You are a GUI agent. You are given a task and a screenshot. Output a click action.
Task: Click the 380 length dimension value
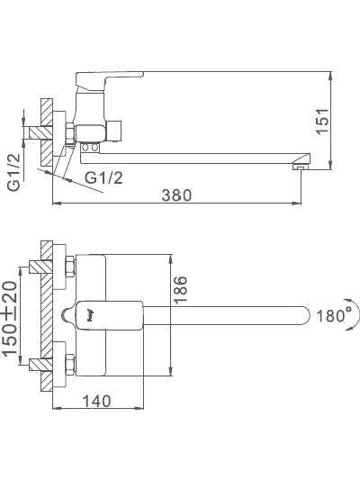coord(176,195)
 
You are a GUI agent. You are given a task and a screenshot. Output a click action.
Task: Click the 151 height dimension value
coord(323,121)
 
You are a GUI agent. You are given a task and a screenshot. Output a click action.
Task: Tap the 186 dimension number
coord(180,289)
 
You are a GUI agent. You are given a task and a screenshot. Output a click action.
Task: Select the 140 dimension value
coord(96,401)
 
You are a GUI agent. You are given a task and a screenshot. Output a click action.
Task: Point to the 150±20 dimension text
coord(10,319)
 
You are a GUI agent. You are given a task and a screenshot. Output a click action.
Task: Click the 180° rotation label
coord(334,315)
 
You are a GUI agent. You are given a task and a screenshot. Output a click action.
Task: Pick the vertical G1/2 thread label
coord(14,172)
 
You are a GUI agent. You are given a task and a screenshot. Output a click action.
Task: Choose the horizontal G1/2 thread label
coord(103,177)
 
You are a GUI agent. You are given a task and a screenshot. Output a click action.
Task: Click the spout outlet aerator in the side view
coord(301,167)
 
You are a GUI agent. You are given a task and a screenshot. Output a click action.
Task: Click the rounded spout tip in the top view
coord(303,315)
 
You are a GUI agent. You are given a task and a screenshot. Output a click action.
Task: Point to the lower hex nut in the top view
coord(70,365)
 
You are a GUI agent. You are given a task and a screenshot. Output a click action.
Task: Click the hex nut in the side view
coord(70,133)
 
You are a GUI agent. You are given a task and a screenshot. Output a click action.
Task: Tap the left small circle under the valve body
coord(85,149)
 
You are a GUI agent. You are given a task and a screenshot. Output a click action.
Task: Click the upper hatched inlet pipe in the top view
coord(41,267)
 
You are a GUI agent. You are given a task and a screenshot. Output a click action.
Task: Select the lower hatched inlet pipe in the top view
coord(41,365)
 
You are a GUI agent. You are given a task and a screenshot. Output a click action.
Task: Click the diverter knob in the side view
coord(113,131)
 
